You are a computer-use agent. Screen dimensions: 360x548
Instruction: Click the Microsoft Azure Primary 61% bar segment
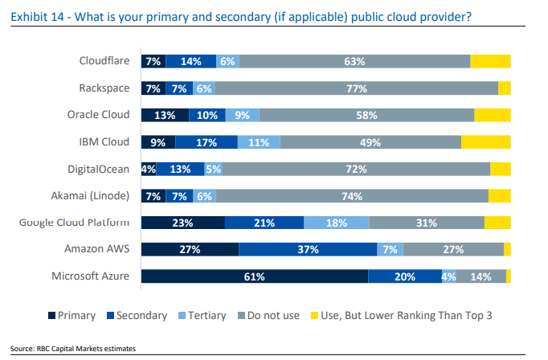click(254, 276)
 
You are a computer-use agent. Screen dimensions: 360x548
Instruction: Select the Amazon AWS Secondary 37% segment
click(308, 249)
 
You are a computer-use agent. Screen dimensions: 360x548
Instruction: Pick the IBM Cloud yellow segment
click(485, 141)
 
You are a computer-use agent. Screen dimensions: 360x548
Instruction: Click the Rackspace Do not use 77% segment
click(356, 88)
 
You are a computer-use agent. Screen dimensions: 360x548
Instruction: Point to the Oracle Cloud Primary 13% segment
click(165, 115)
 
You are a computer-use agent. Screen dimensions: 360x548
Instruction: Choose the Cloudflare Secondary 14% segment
click(190, 61)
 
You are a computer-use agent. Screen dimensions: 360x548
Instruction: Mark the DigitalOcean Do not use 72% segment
click(356, 169)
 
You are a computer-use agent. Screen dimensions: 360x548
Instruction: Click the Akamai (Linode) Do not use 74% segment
click(351, 195)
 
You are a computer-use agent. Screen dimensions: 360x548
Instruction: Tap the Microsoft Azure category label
click(91, 276)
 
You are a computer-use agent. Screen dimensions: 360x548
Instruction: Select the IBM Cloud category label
click(104, 141)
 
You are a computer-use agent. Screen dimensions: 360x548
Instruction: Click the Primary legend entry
click(72, 316)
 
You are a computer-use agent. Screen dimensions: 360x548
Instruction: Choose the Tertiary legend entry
click(202, 316)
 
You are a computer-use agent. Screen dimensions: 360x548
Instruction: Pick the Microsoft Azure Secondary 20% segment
click(404, 276)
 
